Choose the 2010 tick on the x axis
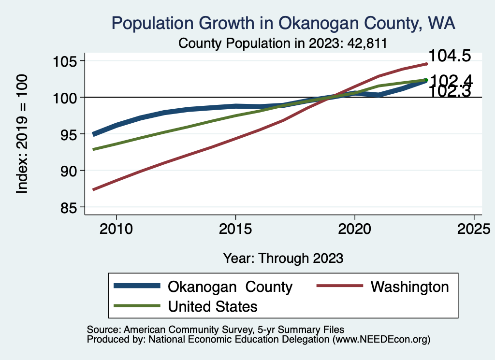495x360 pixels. (116, 228)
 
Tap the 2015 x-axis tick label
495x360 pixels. (235, 228)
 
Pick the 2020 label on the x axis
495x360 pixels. (355, 228)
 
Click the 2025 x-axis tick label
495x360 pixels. (474, 228)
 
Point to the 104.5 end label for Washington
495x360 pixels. (450, 56)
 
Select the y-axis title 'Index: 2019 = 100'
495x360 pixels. (22, 134)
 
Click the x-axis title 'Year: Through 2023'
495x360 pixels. (283, 258)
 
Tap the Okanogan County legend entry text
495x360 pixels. (230, 287)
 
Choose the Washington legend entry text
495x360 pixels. (409, 287)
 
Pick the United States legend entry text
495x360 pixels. (213, 306)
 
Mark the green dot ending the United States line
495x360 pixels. (426, 80)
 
